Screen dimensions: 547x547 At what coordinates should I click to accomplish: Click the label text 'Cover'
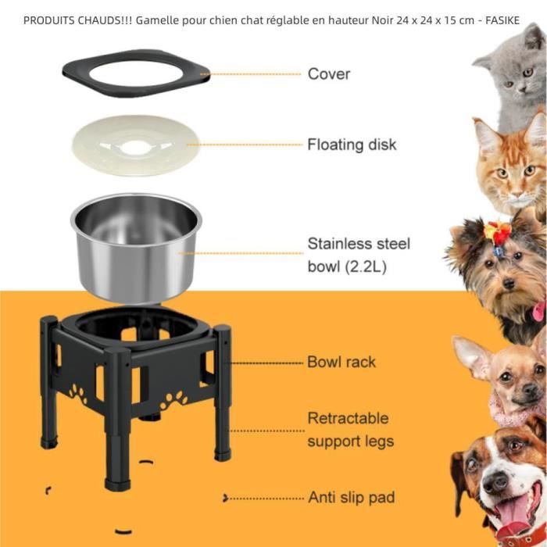pyautogui.click(x=328, y=74)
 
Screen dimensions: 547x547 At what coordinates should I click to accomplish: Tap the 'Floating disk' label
pyautogui.click(x=352, y=145)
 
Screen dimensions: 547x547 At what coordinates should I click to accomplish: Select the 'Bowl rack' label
pyautogui.click(x=341, y=362)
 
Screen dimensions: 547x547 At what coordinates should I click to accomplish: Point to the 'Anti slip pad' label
pyautogui.click(x=351, y=497)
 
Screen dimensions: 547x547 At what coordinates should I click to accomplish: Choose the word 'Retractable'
pyautogui.click(x=347, y=418)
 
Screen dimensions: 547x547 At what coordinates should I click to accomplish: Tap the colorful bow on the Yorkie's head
pyautogui.click(x=498, y=232)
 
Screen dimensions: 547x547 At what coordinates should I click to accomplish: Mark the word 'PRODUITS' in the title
pyautogui.click(x=51, y=20)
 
